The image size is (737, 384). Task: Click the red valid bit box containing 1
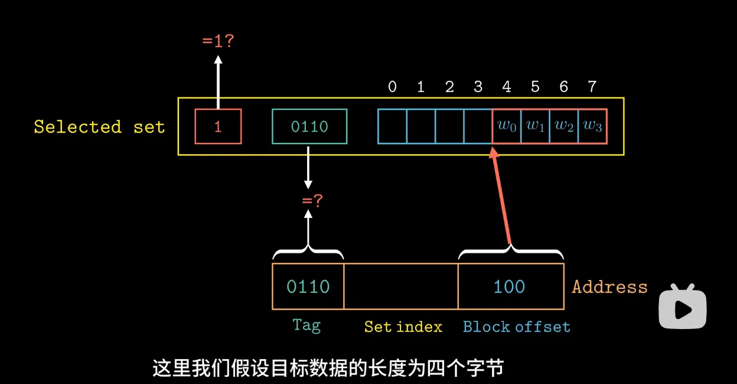click(218, 126)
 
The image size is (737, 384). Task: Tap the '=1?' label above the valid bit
click(218, 42)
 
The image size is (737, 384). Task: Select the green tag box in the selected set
click(309, 126)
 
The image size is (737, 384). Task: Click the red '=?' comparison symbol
click(312, 201)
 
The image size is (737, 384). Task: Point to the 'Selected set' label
click(99, 127)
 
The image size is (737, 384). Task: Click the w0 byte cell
click(507, 126)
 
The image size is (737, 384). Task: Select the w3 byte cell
click(592, 126)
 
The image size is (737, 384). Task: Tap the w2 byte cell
click(564, 126)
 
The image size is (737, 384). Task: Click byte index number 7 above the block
click(592, 87)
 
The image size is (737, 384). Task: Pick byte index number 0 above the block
click(392, 87)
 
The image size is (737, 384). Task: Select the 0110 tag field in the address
click(308, 287)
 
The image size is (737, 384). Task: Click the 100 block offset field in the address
click(510, 287)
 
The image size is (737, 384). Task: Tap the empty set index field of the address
click(400, 287)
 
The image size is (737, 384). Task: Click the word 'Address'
click(609, 287)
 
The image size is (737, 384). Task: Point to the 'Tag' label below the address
click(306, 325)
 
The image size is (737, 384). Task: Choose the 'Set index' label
click(403, 327)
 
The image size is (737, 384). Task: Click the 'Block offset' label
click(517, 327)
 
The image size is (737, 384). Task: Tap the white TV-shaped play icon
click(683, 307)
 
